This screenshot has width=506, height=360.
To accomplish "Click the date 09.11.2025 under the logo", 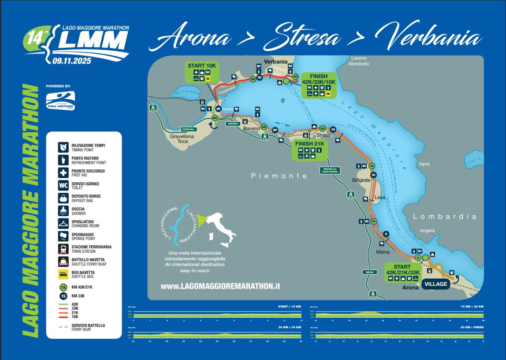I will tap(71, 61).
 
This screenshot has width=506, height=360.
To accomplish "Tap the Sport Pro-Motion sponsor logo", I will tap(60, 101).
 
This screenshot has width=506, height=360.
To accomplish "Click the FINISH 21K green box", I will tap(309, 150).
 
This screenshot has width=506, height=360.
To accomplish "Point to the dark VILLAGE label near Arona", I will tap(435, 284).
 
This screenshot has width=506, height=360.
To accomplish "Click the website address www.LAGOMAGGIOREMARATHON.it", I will tap(220, 286).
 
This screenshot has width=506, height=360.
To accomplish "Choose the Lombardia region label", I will tap(445, 217).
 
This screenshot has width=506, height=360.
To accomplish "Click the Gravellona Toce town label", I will tap(182, 139).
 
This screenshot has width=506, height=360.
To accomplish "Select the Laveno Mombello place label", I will tap(358, 61).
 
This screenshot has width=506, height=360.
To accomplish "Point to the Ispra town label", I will tap(424, 164).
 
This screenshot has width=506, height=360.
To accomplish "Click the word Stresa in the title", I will tap(303, 40).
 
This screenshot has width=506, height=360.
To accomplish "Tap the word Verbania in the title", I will tap(432, 40).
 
